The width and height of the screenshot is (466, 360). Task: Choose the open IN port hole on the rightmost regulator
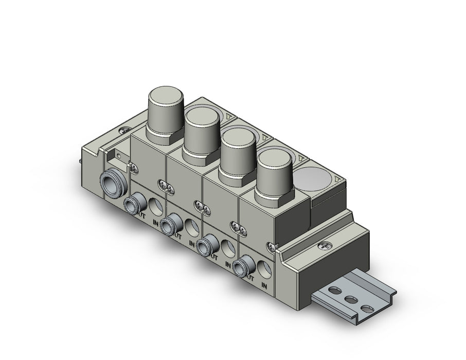[x=264, y=269]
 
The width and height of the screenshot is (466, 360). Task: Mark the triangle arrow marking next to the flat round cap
[x=337, y=179]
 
